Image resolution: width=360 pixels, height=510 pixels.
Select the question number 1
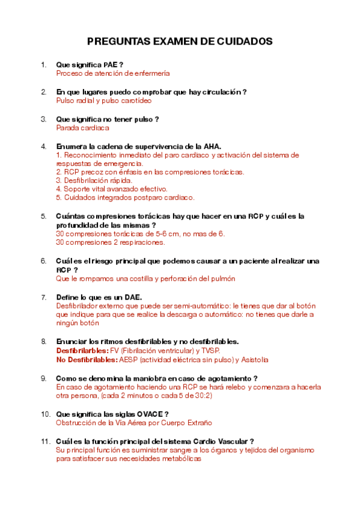(x=43, y=64)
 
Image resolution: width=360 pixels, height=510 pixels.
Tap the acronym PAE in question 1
(x=111, y=64)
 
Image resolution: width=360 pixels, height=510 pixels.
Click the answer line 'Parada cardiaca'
(x=82, y=128)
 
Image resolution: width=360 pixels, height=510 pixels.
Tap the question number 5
(x=43, y=216)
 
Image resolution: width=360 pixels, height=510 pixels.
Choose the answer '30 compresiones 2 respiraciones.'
(x=110, y=242)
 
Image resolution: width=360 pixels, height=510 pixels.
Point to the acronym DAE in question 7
(x=130, y=296)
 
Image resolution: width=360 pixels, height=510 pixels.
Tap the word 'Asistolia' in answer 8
(x=254, y=360)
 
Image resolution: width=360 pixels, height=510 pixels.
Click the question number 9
(x=43, y=378)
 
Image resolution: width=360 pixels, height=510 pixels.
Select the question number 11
(x=44, y=441)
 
